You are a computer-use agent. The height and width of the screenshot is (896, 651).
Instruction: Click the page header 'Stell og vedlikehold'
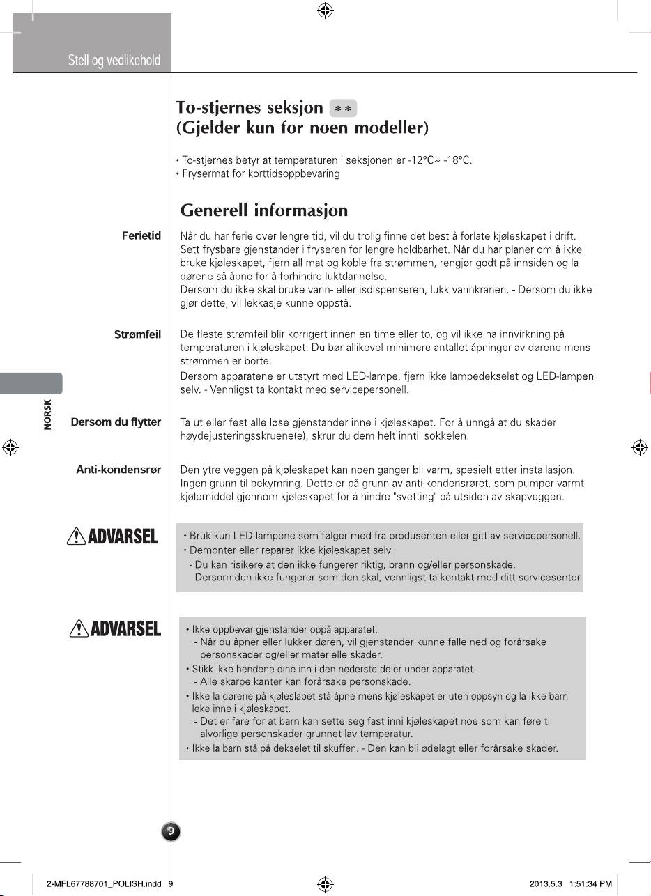(114, 61)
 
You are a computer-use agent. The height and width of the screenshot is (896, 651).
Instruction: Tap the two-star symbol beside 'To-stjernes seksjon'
(343, 109)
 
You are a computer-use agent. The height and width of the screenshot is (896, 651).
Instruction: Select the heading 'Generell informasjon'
(263, 210)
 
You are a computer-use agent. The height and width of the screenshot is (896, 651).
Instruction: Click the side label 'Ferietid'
(141, 236)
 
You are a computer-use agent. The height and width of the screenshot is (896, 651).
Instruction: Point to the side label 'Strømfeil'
(137, 335)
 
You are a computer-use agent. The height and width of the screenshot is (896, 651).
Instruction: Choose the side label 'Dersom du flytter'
(116, 422)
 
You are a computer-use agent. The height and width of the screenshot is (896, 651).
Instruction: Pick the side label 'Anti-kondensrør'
(118, 470)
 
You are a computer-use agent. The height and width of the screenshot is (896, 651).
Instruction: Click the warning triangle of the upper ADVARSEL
(73, 536)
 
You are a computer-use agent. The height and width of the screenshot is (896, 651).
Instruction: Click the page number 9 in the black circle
(171, 831)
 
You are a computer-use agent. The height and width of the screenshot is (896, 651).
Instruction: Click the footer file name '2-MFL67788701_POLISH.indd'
(103, 884)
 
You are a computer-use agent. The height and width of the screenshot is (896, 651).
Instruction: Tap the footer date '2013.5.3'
(546, 884)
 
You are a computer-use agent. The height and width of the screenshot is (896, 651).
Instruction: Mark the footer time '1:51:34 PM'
(590, 884)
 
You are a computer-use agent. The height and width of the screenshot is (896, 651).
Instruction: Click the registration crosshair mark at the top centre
(325, 10)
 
